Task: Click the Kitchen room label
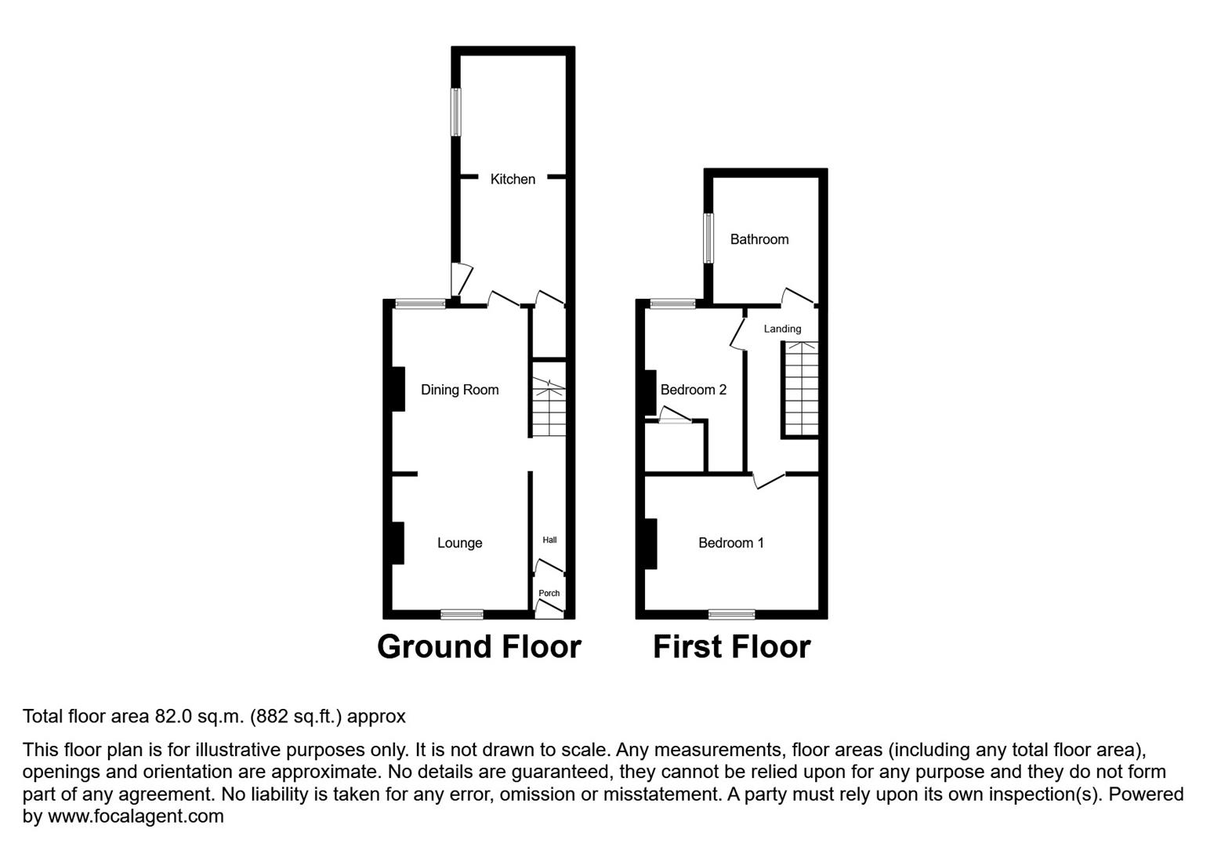coord(513,180)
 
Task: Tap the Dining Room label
coord(459,390)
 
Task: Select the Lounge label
coord(459,543)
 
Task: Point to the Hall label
coord(549,540)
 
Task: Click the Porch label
coord(549,593)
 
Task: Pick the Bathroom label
coord(759,239)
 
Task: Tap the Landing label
coord(782,329)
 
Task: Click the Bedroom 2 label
coord(693,390)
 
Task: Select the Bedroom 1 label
coord(730,543)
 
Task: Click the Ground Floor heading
coord(479,647)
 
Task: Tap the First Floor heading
coord(731,647)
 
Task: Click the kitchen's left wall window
coord(455,111)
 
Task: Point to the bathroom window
coord(708,238)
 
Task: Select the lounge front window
coord(462,614)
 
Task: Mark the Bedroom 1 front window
coord(732,614)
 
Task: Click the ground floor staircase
coord(549,408)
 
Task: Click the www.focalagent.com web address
coord(136,816)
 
